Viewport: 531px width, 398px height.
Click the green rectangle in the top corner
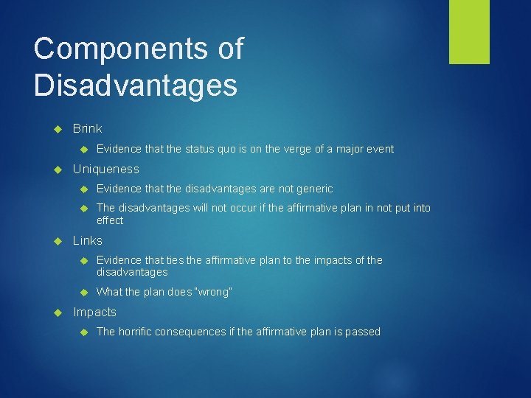[469, 32]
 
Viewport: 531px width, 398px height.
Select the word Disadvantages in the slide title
[136, 85]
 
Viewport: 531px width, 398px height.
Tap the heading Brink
[87, 128]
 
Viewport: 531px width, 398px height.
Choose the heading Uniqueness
[105, 169]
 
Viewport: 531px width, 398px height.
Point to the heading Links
[87, 240]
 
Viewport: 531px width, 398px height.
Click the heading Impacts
[94, 312]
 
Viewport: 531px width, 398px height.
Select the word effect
[110, 220]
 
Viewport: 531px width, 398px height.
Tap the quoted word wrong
[215, 292]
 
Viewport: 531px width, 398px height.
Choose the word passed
[362, 332]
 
